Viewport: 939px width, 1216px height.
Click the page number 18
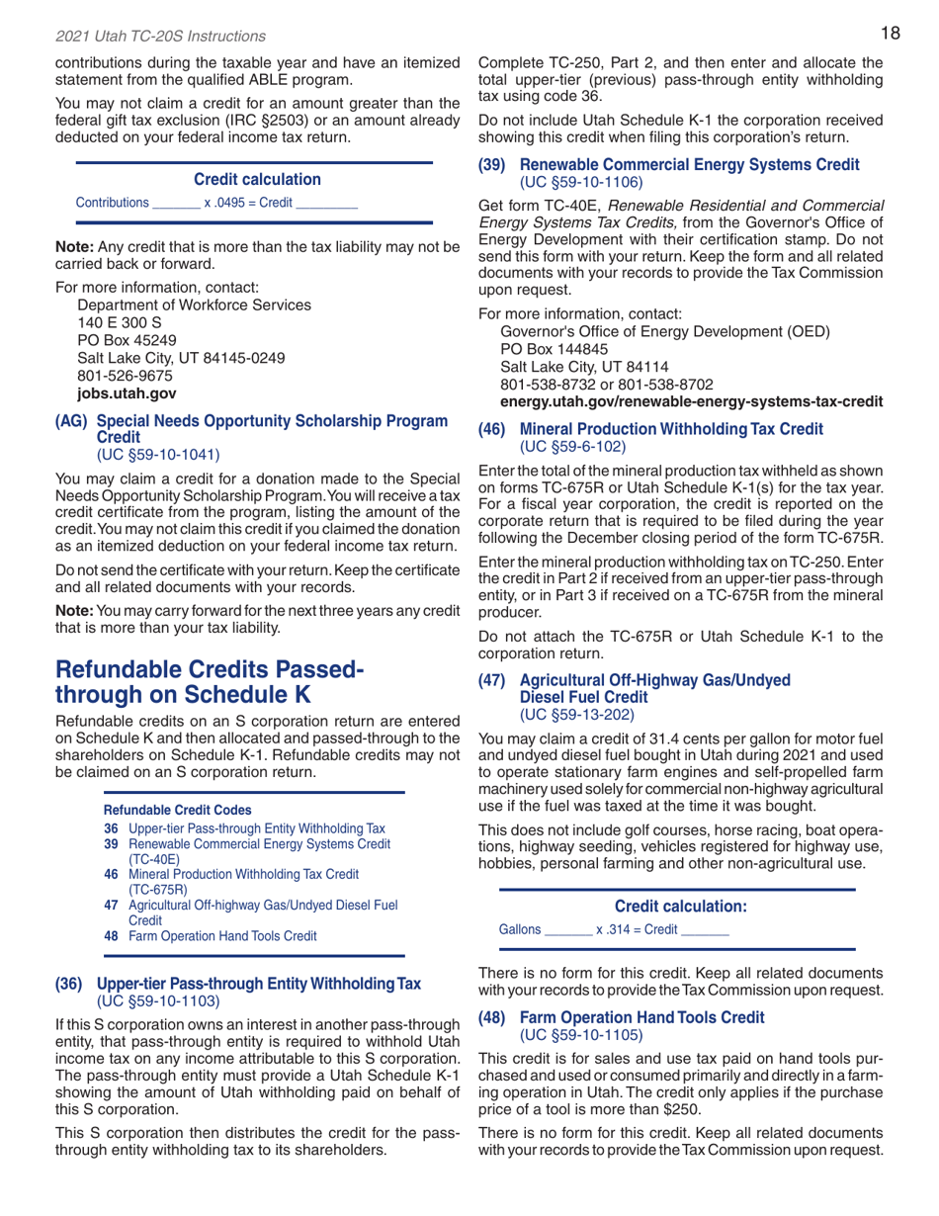(890, 35)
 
